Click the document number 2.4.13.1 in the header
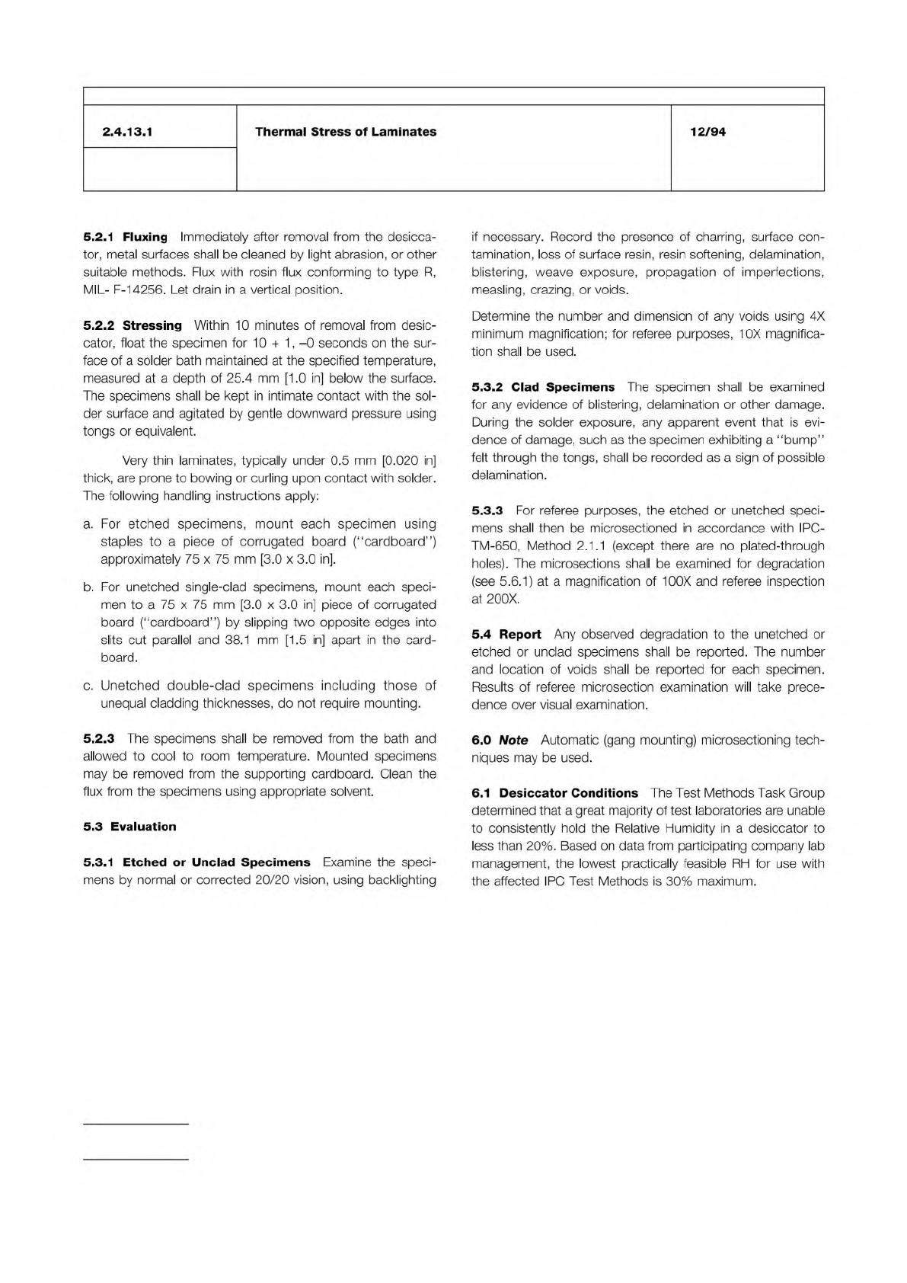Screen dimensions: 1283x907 [x=128, y=132]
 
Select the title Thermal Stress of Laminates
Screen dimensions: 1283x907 [x=346, y=132]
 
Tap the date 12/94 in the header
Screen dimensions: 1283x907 [x=707, y=132]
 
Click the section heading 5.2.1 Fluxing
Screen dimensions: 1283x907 [x=125, y=237]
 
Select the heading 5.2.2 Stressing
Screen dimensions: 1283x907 [x=133, y=325]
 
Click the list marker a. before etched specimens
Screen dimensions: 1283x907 [x=88, y=524]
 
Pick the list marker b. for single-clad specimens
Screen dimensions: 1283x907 [x=88, y=587]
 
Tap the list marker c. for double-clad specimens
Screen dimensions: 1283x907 [x=88, y=686]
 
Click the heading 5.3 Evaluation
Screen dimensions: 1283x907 [x=129, y=827]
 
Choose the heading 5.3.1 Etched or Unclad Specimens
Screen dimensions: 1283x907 [x=196, y=862]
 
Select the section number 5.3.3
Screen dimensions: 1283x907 [x=487, y=510]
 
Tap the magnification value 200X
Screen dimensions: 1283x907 [x=503, y=599]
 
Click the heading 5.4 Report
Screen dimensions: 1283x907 [x=506, y=634]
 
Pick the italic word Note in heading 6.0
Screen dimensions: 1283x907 [x=513, y=740]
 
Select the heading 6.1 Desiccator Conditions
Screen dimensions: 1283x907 [x=554, y=793]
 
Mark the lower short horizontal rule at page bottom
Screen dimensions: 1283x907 [x=135, y=1160]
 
